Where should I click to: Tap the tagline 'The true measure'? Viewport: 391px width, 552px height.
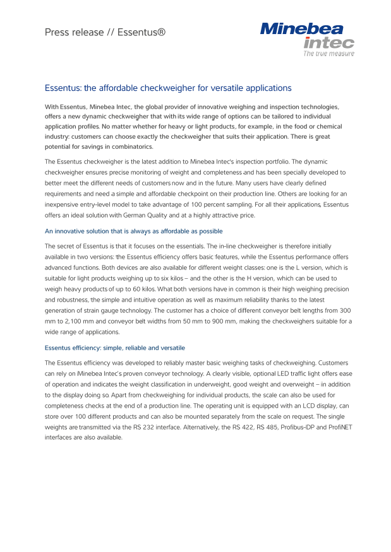click(x=328, y=54)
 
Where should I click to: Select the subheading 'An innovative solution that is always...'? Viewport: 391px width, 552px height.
click(x=133, y=232)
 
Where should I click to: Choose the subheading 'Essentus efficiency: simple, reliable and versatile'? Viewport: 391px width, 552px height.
click(x=114, y=348)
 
